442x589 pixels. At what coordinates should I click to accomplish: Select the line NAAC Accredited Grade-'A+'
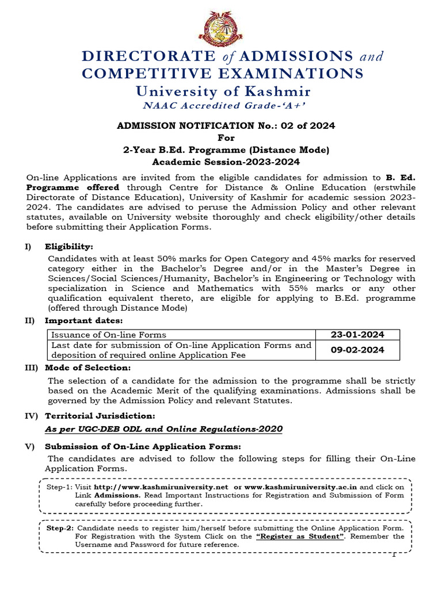pyautogui.click(x=223, y=106)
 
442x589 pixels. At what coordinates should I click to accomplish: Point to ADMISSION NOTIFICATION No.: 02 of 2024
pyautogui.click(x=226, y=125)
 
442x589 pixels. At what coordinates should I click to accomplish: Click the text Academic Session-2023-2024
pyautogui.click(x=226, y=162)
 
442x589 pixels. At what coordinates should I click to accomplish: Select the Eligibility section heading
pyautogui.click(x=68, y=246)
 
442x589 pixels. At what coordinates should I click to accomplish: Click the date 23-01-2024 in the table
pyautogui.click(x=357, y=335)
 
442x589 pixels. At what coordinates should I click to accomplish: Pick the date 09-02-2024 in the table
pyautogui.click(x=357, y=350)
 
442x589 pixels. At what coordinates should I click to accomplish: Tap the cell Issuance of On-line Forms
pyautogui.click(x=109, y=335)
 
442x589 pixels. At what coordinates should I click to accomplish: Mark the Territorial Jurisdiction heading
pyautogui.click(x=100, y=415)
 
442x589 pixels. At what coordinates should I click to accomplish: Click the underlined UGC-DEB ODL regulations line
pyautogui.click(x=163, y=429)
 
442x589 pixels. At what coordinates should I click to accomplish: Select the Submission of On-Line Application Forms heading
pyautogui.click(x=143, y=446)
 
